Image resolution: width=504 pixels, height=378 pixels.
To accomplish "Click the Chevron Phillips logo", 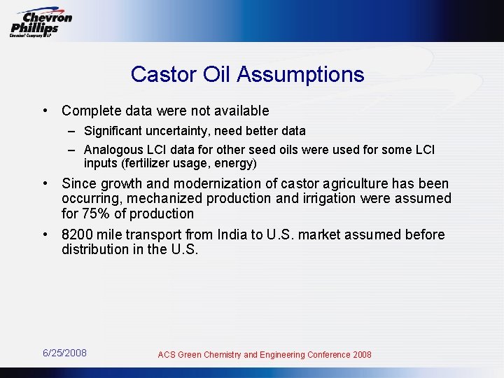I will click(x=41, y=22).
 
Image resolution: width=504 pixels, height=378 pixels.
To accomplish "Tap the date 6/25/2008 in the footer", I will click(x=64, y=353).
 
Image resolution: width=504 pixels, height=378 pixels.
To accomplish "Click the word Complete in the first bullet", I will click(x=90, y=111).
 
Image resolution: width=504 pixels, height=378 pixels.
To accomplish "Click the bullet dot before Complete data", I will click(x=45, y=111).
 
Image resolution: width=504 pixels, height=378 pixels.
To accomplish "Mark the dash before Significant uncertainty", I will click(x=72, y=131).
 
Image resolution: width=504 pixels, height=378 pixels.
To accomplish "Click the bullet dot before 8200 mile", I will click(x=45, y=234).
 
